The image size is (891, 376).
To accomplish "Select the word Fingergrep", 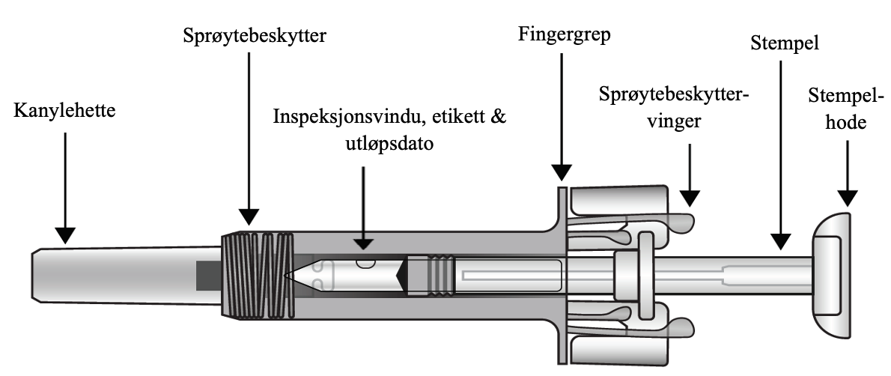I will (564, 34).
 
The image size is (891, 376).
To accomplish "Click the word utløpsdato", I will (363, 144).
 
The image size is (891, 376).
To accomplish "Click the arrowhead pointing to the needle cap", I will (65, 235).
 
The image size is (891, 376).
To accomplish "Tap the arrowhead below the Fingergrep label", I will (561, 172).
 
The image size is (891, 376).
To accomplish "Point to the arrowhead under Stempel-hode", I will (847, 198).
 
